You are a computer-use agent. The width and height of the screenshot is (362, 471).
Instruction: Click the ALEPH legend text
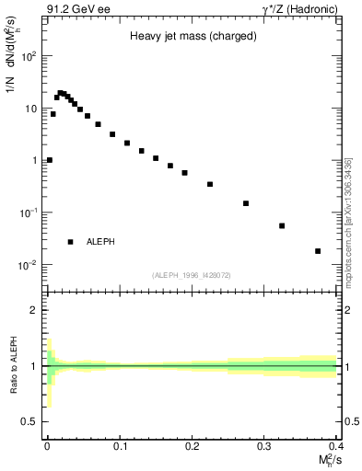pos(100,242)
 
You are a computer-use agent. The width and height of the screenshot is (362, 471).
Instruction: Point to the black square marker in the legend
pos(71,242)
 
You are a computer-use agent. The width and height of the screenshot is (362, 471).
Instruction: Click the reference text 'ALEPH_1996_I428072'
pos(191,275)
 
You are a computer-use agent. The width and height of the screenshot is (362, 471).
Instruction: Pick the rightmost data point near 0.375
pos(318,251)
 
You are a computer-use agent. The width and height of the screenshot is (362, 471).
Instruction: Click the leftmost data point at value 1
pos(49,160)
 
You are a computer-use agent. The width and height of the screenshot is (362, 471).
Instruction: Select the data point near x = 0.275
pos(246,203)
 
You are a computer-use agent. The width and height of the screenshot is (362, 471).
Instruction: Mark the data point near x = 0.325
pos(282,225)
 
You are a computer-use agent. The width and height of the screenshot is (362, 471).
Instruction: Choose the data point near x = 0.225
pos(210,184)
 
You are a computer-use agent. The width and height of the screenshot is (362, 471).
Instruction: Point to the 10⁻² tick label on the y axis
pos(29,265)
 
